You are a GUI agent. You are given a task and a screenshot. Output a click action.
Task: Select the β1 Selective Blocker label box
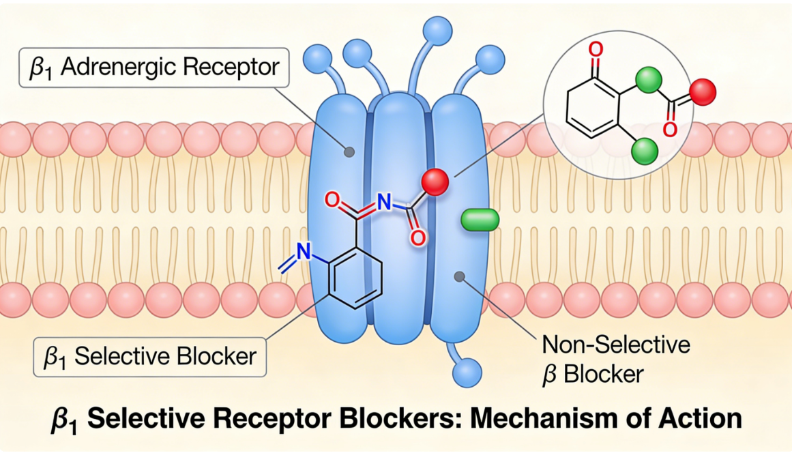[x=149, y=355]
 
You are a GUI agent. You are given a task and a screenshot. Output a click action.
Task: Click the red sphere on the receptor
[x=435, y=182]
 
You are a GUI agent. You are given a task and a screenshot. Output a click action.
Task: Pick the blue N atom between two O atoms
[x=385, y=202]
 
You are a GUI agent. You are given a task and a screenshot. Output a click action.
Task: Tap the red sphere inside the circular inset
[x=702, y=91]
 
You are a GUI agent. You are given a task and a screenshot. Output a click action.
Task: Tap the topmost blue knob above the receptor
[x=435, y=29]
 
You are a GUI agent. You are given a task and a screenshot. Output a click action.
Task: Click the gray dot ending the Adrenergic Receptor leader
[x=350, y=151]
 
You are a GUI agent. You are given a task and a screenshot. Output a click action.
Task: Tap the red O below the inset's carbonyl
[x=669, y=128]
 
